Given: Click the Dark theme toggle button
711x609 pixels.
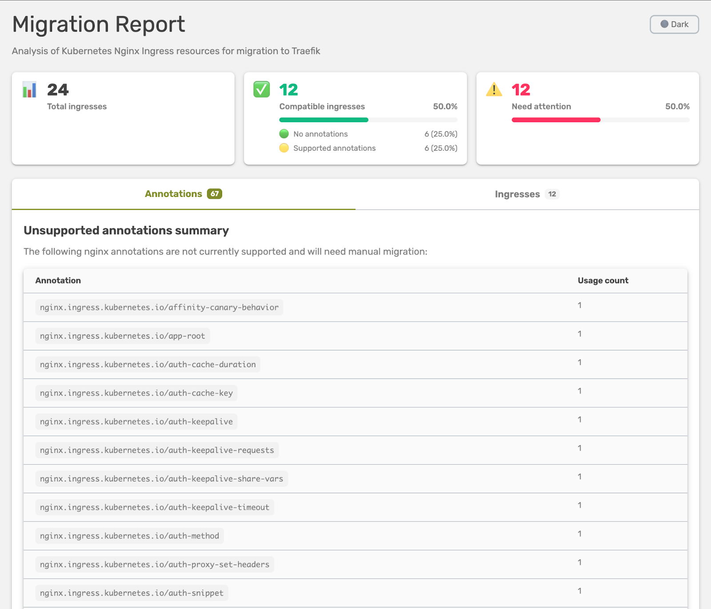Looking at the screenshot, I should point(674,24).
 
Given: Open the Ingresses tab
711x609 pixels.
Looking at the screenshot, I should point(527,194).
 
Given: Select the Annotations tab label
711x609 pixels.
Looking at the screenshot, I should point(173,194).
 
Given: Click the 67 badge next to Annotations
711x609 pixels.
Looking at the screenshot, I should point(215,194).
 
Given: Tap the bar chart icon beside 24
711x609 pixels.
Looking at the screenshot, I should point(29,90).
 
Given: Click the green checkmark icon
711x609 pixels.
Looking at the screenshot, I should point(261,89).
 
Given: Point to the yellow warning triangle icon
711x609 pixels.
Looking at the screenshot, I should point(494,89).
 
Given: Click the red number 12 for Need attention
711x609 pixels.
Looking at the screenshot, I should point(521,90).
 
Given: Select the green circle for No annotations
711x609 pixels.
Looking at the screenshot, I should point(284,134).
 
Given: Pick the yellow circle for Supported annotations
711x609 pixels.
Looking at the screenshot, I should point(284,148).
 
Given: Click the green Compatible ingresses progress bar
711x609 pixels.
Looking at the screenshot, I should point(324,120).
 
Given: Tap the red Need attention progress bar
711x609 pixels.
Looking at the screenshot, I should point(555,120).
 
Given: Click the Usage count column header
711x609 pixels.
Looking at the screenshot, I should point(603,280).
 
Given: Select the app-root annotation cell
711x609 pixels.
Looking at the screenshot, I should point(123,336).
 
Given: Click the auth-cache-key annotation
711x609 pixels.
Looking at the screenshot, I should point(136,393).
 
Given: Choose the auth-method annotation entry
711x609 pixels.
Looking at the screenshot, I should point(129,536).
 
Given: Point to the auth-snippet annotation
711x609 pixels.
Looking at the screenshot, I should point(132,593).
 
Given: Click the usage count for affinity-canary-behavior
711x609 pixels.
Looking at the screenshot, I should point(579,305).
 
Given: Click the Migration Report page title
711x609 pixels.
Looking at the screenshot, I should point(99,24).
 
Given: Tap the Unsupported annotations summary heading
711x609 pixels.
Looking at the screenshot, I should point(126,230).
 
